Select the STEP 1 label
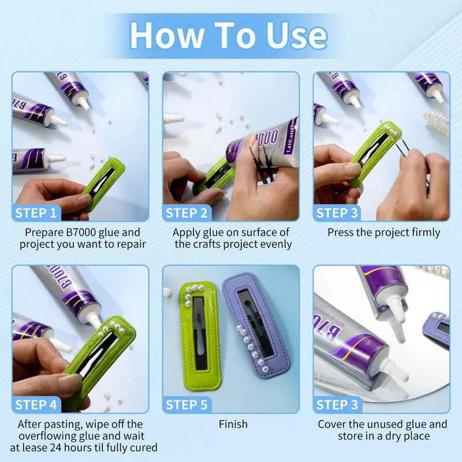[36, 213]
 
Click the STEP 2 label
[187, 213]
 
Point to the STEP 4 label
[36, 405]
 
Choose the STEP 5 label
[187, 405]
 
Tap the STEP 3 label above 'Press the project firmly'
[337, 213]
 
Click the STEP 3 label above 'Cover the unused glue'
[337, 405]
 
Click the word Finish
[233, 424]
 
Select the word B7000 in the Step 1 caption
[81, 232]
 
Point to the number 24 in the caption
[56, 448]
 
